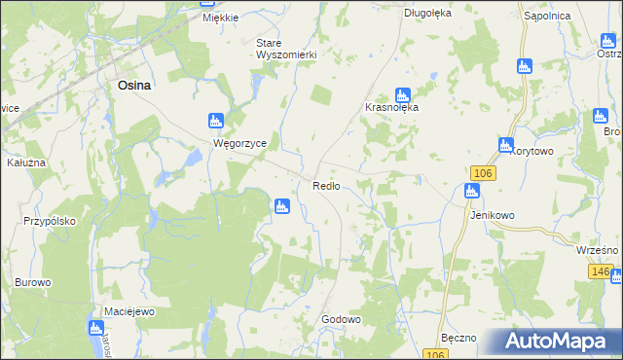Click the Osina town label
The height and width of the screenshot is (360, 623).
tap(133, 85)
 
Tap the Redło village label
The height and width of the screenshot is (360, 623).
tap(326, 186)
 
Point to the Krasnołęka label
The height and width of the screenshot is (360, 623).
tap(391, 107)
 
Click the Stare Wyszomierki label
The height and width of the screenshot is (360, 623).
tap(286, 49)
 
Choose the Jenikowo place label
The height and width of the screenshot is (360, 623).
tap(492, 215)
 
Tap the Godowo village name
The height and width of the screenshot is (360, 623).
tap(341, 319)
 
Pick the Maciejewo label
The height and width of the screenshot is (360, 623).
tap(130, 311)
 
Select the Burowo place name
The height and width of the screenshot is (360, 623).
tap(32, 282)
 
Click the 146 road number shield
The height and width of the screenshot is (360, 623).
tap(601, 271)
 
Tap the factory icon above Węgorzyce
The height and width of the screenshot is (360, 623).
tap(215, 122)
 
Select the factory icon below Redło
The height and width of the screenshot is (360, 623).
tap(281, 206)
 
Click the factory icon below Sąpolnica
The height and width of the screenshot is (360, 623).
tap(525, 66)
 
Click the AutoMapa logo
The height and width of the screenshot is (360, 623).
tap(554, 342)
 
